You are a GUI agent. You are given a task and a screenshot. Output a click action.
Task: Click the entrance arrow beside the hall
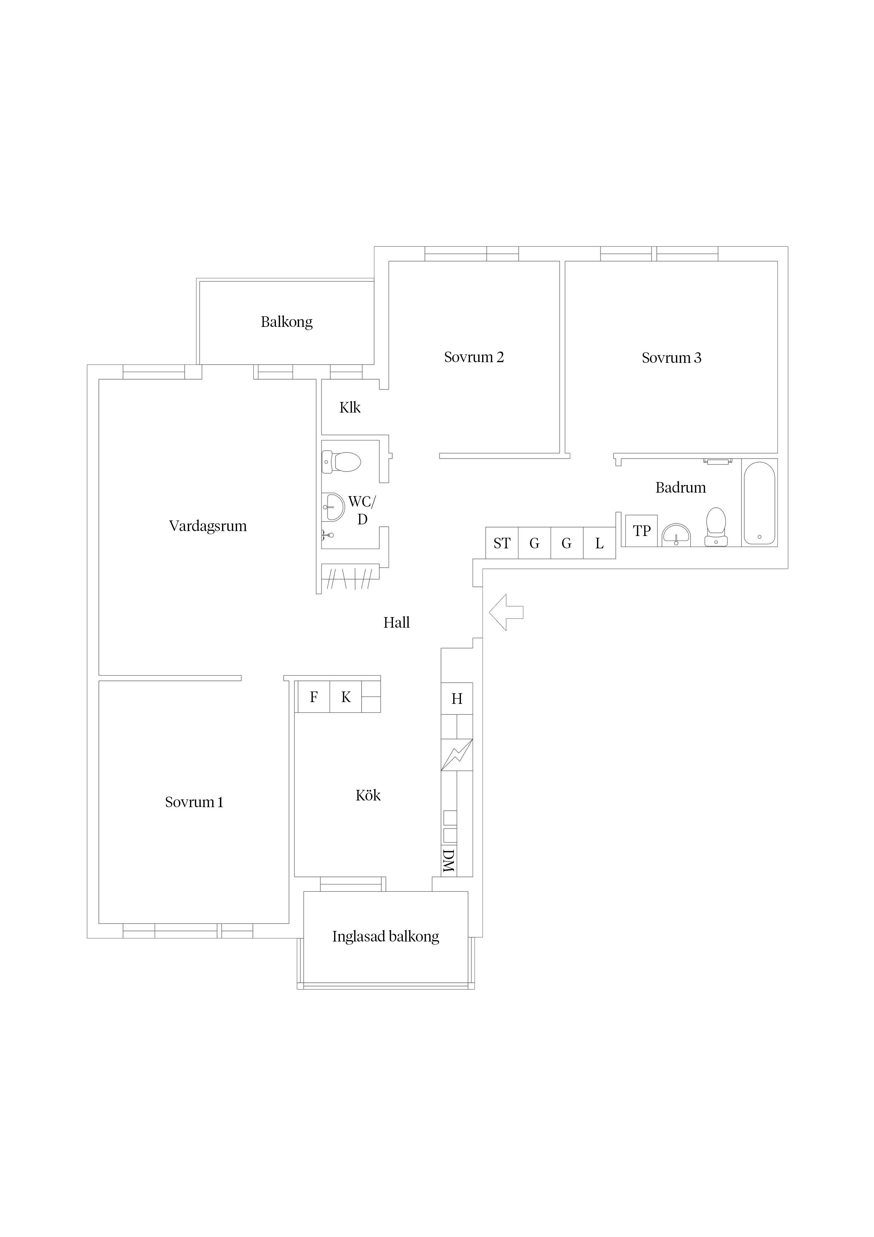(x=506, y=612)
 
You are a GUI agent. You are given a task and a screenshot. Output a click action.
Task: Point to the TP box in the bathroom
(x=641, y=531)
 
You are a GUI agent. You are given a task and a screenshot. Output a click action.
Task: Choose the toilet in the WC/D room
(x=341, y=462)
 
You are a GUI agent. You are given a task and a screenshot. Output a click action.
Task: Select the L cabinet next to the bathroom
(x=599, y=543)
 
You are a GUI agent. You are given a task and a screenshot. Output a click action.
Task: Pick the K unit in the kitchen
(x=346, y=697)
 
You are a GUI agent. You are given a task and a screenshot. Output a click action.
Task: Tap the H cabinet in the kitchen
(x=457, y=699)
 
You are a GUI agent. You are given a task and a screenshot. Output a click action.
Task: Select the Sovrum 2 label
(x=474, y=357)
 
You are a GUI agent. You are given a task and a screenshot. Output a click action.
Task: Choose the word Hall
(x=396, y=623)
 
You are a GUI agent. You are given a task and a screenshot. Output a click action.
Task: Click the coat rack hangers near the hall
(x=350, y=579)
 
